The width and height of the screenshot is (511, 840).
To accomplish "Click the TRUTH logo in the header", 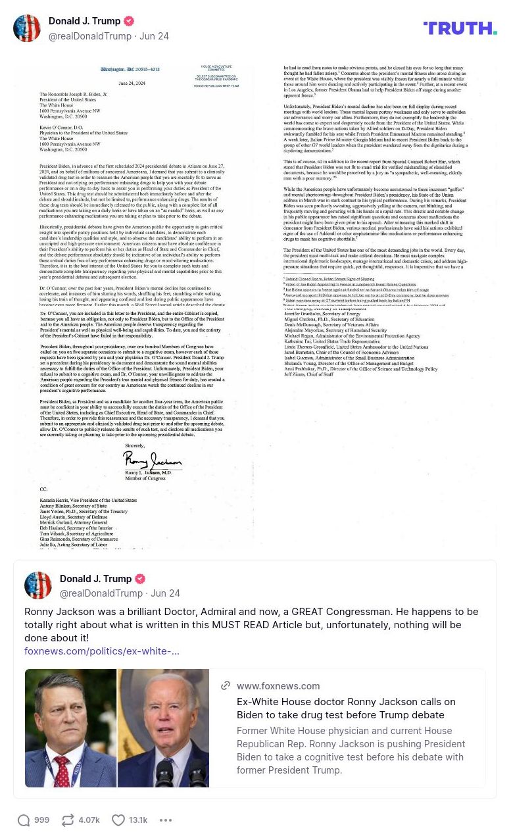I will (x=460, y=28).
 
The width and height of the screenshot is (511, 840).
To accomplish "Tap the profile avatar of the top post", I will (x=27, y=28).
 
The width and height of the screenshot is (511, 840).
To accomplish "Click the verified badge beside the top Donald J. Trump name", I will (x=129, y=21).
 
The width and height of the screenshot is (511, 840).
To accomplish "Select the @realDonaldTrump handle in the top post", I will (x=90, y=36).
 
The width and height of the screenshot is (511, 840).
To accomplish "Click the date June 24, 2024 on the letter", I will (x=131, y=84).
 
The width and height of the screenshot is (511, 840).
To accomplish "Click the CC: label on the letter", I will (x=43, y=490).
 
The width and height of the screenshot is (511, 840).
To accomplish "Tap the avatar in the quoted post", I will (x=38, y=585).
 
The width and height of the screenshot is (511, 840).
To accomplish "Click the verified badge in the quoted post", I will (x=140, y=579).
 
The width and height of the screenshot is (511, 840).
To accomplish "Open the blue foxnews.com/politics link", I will (x=102, y=651).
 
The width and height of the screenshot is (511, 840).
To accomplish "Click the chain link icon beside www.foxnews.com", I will (x=226, y=685).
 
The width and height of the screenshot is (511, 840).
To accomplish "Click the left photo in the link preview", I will (x=71, y=728).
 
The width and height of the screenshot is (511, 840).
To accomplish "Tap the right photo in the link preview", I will (x=163, y=728).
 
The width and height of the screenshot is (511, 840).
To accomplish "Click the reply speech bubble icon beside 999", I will (x=24, y=820).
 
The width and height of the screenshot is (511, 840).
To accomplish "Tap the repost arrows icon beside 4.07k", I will (x=68, y=820).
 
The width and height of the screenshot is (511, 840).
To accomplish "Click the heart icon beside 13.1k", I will (x=118, y=820).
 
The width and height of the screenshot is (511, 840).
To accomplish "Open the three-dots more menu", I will (x=166, y=820).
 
